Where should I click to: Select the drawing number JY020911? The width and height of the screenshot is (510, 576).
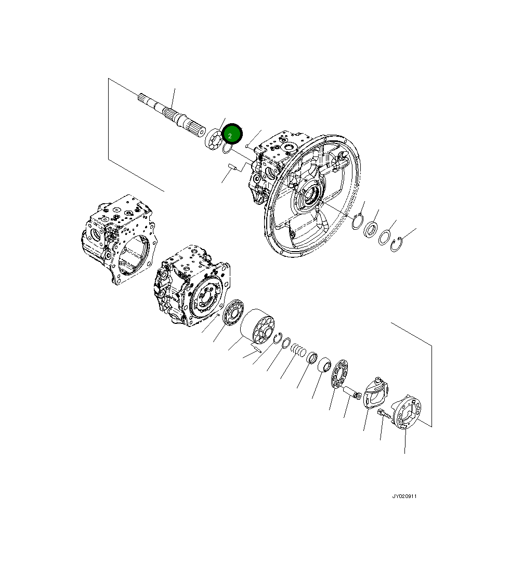pyautogui.click(x=404, y=496)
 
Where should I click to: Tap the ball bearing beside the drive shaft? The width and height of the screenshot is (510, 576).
pyautogui.click(x=213, y=139)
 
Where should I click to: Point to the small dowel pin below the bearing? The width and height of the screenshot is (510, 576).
pyautogui.click(x=232, y=167)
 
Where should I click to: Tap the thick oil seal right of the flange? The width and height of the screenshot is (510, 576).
pyautogui.click(x=371, y=229)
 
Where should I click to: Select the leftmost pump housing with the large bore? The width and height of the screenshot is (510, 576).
pyautogui.click(x=119, y=239)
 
